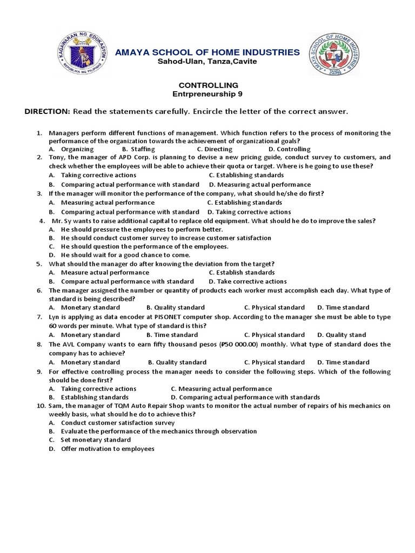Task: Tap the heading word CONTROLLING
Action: (207, 85)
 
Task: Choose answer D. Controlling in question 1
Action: (289, 149)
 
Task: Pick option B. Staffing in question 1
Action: (138, 149)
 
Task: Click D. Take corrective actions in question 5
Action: (247, 281)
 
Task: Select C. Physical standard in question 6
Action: (274, 307)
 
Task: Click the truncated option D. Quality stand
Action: (341, 335)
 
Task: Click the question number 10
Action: (40, 406)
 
